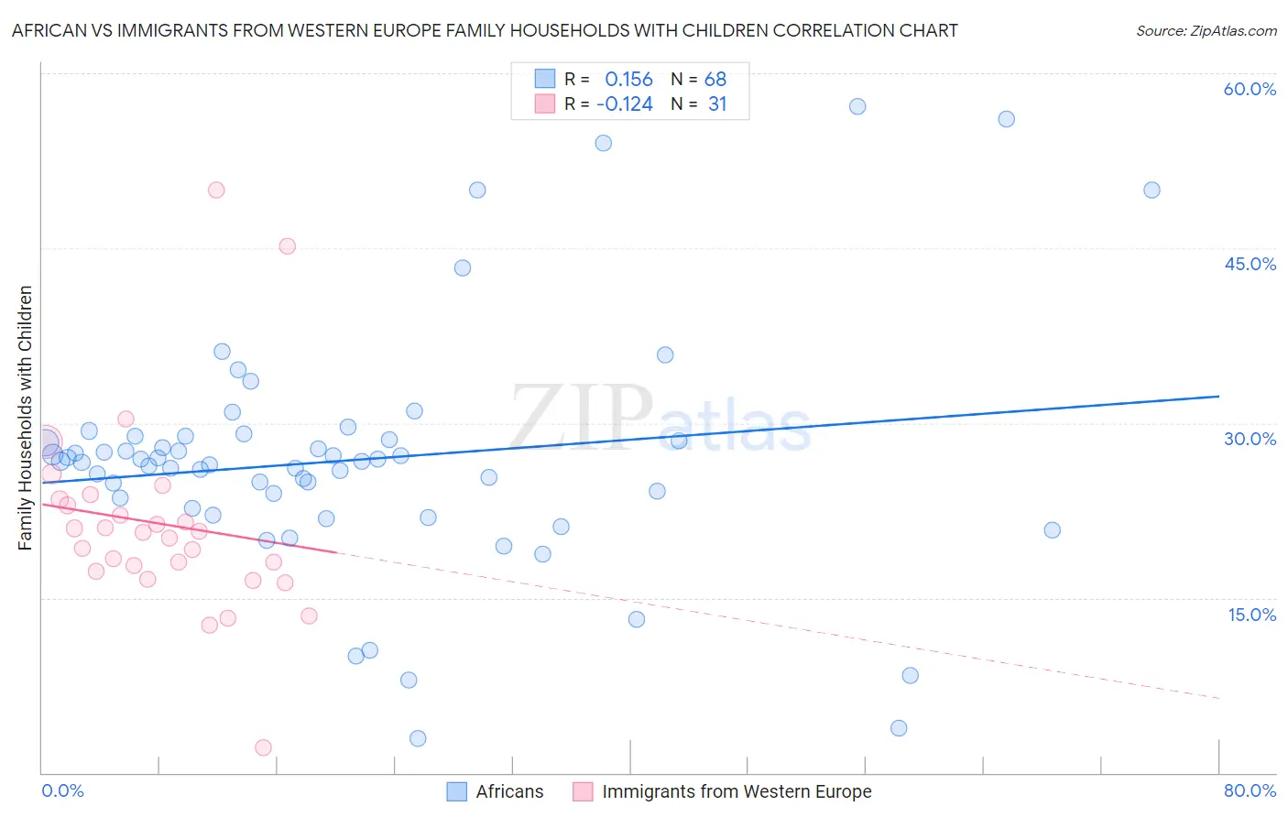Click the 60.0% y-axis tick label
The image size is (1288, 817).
click(x=1250, y=89)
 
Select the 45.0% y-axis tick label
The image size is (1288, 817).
click(x=1250, y=264)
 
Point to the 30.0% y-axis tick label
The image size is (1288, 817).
click(x=1250, y=439)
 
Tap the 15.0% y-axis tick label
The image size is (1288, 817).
click(x=1251, y=614)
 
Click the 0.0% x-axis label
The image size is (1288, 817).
click(x=62, y=790)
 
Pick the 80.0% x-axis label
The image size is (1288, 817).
click(x=1250, y=790)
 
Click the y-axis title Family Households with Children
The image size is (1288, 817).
click(x=26, y=418)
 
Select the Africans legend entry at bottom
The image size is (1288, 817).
click(x=508, y=791)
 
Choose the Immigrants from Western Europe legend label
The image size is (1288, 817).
click(x=736, y=791)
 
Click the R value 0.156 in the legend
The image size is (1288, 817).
click(x=628, y=79)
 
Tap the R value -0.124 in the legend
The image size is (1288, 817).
click(x=624, y=103)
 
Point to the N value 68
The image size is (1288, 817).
click(x=715, y=79)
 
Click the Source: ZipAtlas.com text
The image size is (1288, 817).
click(x=1206, y=30)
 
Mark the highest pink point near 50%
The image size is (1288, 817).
click(x=216, y=190)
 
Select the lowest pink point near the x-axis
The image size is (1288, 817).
click(x=263, y=747)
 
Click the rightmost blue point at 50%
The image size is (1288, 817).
click(x=1152, y=190)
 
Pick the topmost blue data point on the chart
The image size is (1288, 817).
click(x=857, y=106)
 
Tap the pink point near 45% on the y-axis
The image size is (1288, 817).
click(x=287, y=245)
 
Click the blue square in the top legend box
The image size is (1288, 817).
click(x=545, y=79)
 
